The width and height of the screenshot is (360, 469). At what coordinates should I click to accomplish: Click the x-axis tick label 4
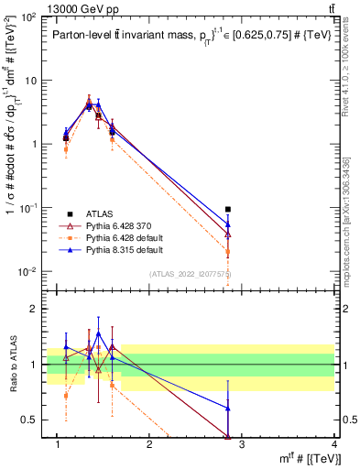[x=334, y=444]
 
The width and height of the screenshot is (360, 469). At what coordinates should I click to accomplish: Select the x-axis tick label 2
[x=150, y=444]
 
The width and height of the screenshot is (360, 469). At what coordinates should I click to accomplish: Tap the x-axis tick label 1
[x=58, y=444]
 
